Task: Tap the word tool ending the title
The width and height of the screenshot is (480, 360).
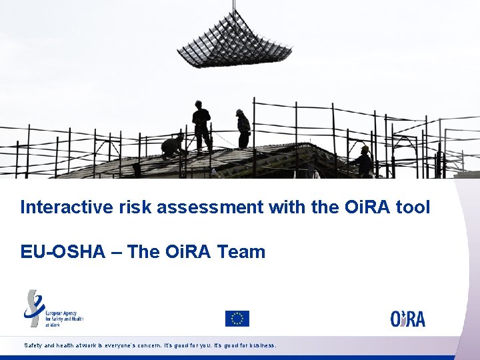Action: coord(413,207)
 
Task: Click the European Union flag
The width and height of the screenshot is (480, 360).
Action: coord(237,319)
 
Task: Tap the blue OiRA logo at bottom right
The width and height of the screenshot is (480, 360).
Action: coord(407,318)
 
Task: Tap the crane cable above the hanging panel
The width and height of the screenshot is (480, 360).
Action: coord(234,9)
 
